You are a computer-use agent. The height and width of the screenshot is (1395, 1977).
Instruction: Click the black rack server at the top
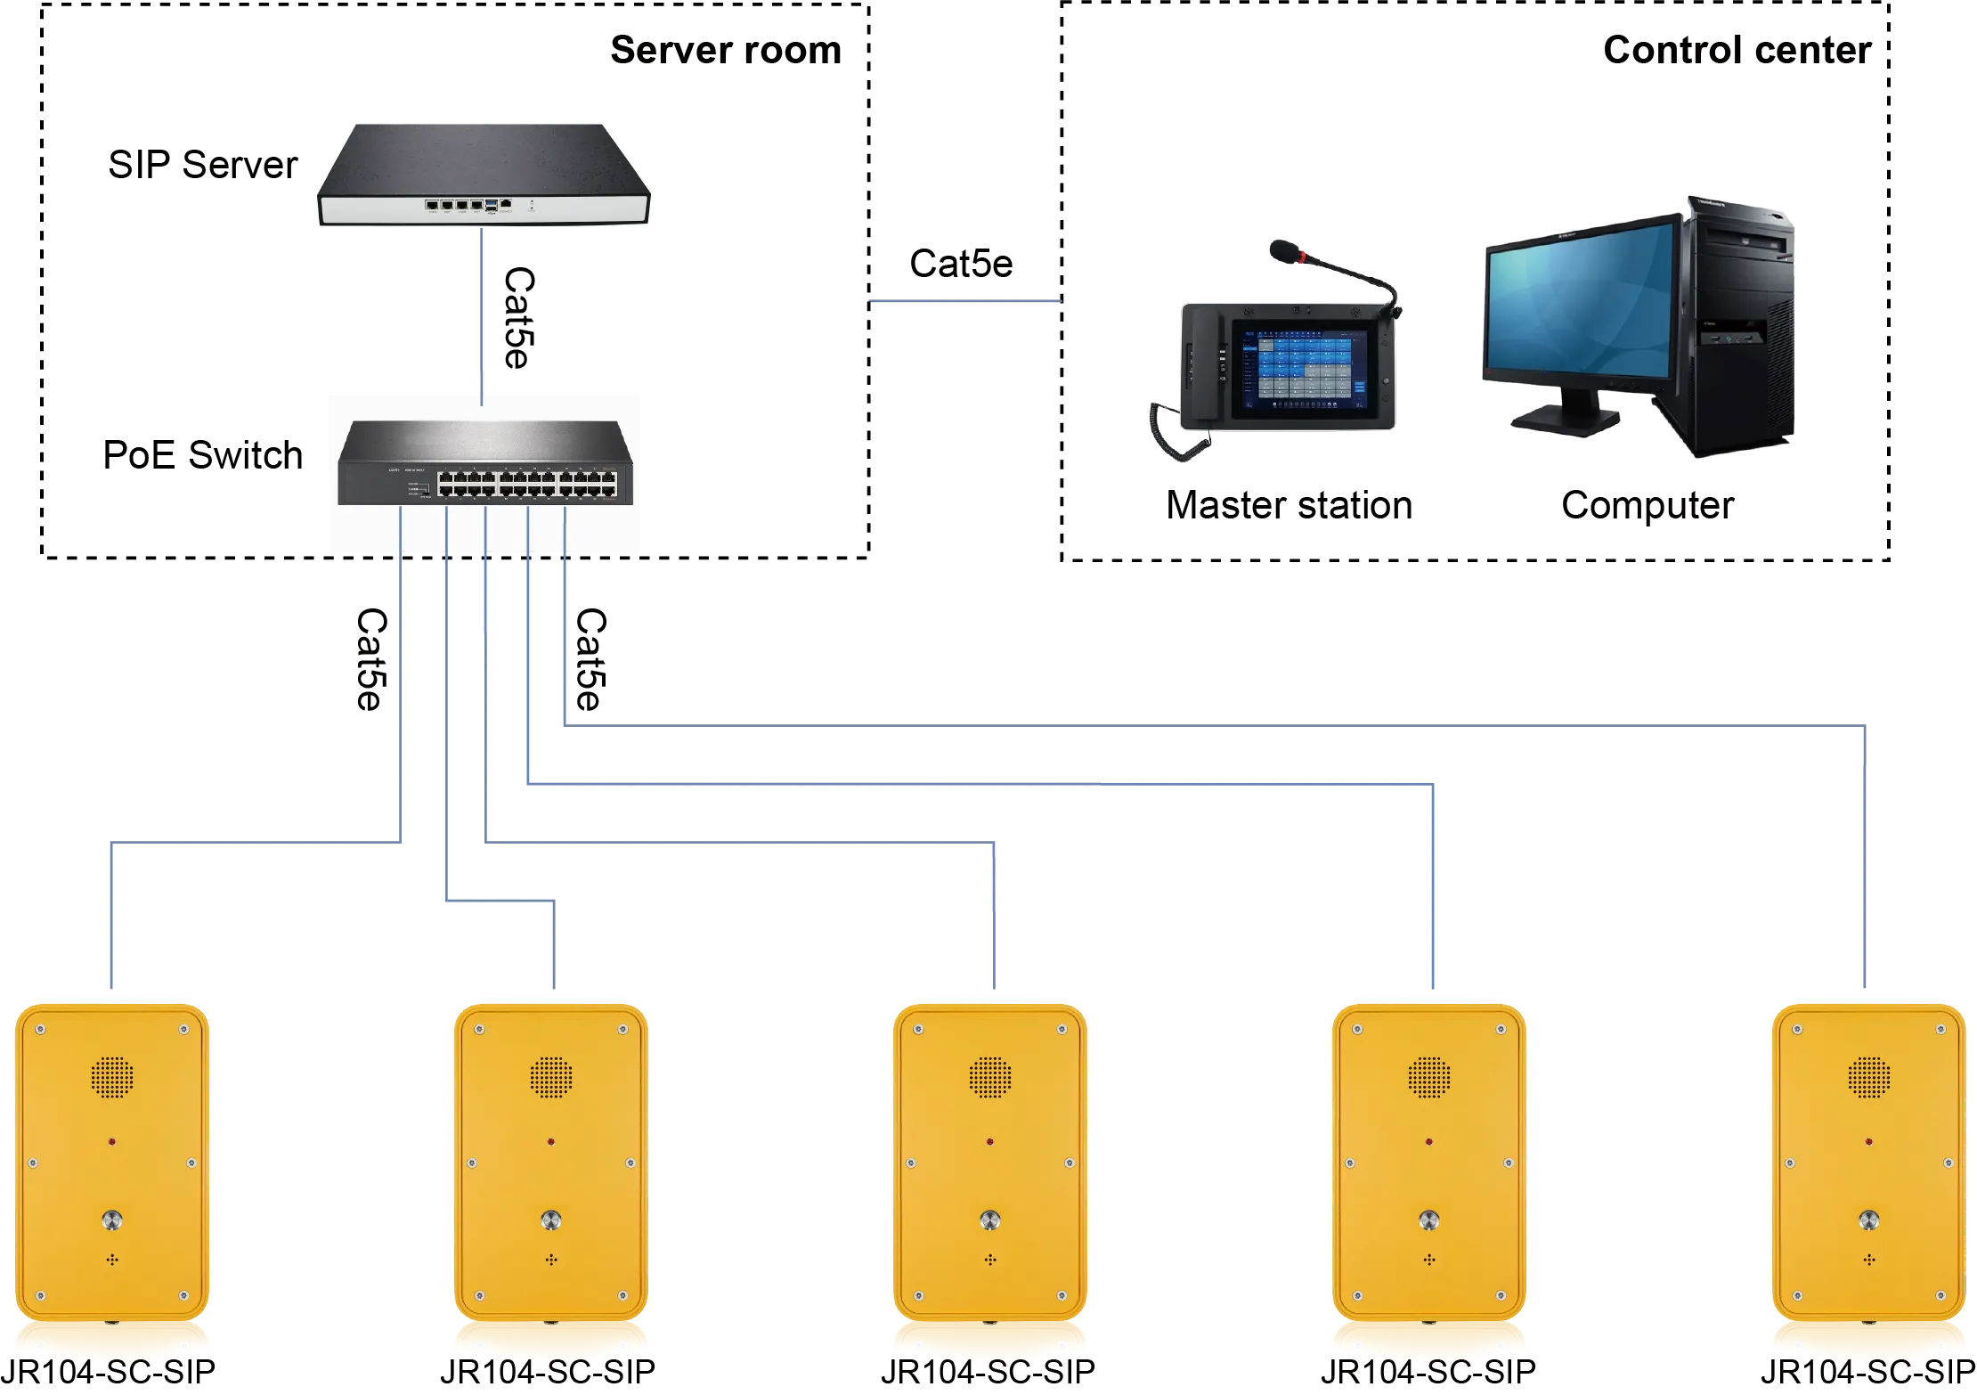[x=484, y=174]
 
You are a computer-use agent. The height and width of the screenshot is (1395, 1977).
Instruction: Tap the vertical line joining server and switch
[x=482, y=312]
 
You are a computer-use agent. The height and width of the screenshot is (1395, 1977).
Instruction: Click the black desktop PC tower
[x=1737, y=330]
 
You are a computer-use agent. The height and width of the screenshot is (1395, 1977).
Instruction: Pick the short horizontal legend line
[x=964, y=304]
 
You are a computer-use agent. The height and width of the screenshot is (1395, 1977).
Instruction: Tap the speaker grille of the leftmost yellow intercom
[x=111, y=1077]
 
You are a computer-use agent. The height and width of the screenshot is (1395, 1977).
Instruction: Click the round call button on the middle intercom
[x=989, y=1220]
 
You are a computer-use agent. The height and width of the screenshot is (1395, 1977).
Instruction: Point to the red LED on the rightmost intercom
[x=1867, y=1141]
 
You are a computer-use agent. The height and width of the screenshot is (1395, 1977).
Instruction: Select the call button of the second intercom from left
[x=551, y=1220]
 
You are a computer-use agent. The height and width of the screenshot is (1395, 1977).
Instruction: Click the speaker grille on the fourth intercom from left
[x=1429, y=1077]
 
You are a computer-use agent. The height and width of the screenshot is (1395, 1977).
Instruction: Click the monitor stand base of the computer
[x=1565, y=420]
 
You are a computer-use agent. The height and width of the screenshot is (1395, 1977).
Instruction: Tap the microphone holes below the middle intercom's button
[x=989, y=1260]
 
